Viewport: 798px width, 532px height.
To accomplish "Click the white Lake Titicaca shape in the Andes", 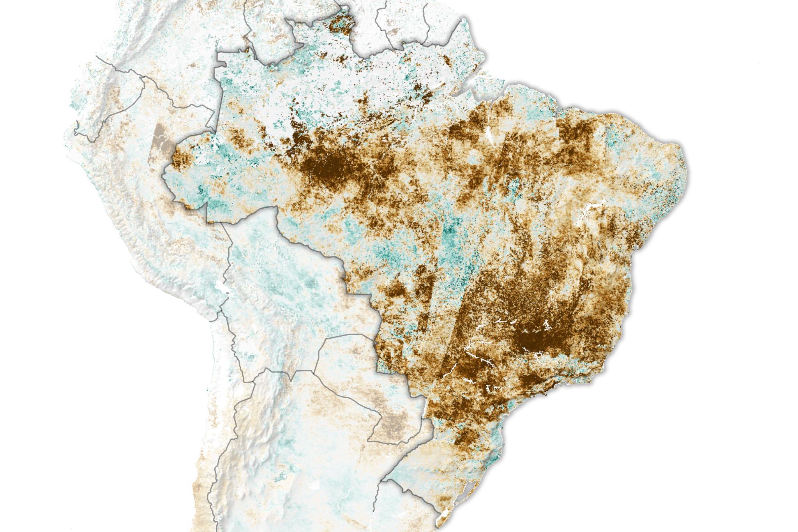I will [221, 286].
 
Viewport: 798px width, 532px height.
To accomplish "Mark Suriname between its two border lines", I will [401, 23].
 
